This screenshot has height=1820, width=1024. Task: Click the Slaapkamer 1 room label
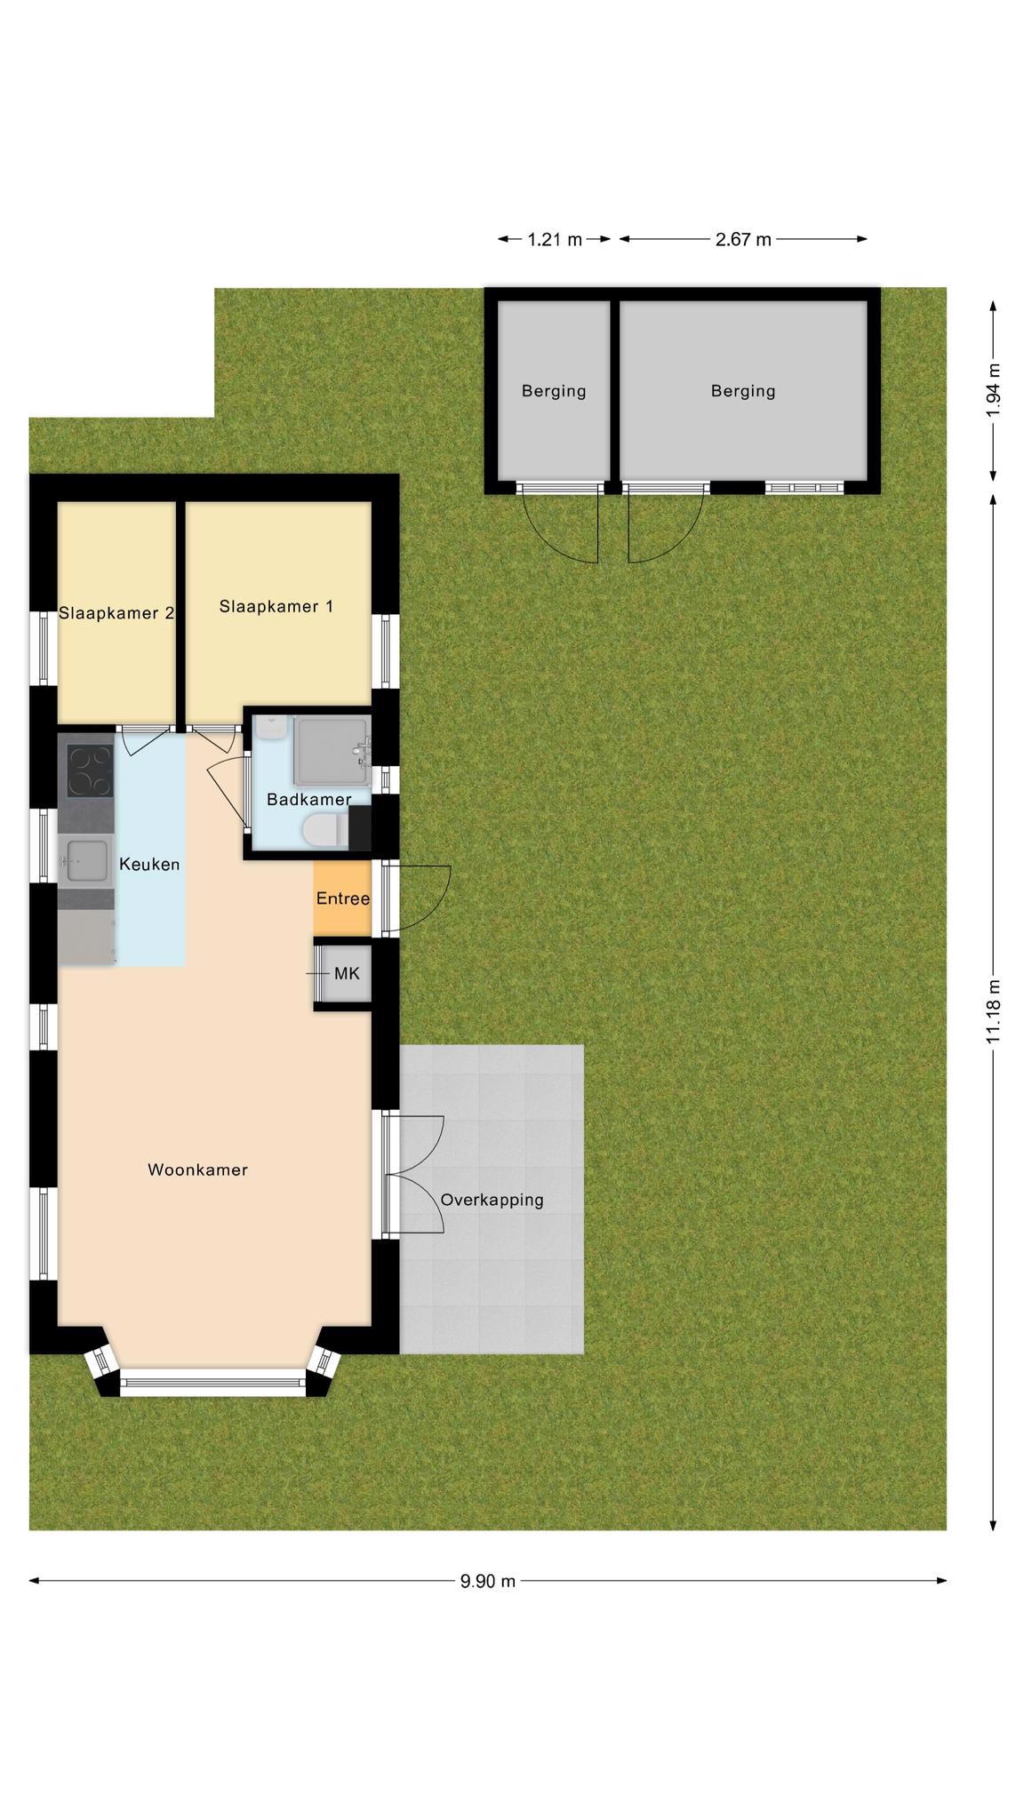click(276, 606)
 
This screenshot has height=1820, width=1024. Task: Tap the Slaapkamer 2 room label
click(116, 612)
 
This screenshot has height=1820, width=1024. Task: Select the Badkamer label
click(308, 799)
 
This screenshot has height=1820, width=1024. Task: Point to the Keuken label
click(149, 864)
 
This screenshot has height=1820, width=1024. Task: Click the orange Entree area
click(342, 898)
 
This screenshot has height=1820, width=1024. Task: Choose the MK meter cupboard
click(343, 974)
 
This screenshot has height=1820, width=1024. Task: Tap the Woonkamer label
click(197, 1169)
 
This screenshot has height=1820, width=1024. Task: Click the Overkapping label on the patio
click(492, 1200)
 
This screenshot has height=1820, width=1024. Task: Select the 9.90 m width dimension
click(487, 1581)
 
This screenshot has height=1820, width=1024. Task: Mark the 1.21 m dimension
click(555, 239)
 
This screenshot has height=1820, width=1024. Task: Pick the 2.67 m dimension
click(743, 239)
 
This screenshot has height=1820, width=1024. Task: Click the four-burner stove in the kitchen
click(91, 770)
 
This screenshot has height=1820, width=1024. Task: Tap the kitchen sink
click(86, 861)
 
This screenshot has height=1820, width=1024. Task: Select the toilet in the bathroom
click(324, 831)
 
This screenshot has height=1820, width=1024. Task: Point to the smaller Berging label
click(554, 391)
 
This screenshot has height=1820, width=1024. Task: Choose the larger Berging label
click(743, 391)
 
